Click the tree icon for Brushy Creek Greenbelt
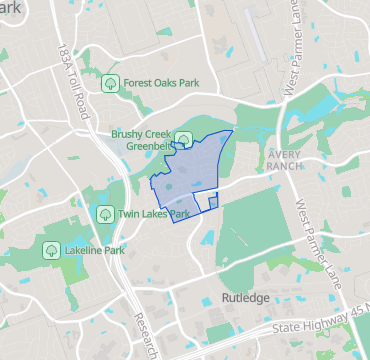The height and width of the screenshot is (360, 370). [x=183, y=139]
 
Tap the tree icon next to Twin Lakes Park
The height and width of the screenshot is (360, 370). [x=104, y=214]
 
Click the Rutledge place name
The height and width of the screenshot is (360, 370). [x=245, y=298]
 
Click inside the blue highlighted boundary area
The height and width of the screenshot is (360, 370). [x=185, y=180]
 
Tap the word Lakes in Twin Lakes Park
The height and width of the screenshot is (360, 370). [x=155, y=214]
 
